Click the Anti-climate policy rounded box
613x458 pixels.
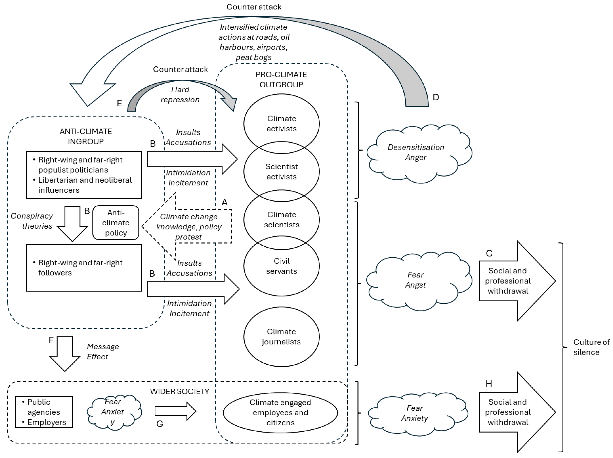pos(116,223)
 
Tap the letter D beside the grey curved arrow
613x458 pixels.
pos(436,97)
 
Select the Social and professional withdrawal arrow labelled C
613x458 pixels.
pos(513,281)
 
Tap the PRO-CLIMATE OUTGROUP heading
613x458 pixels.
pos(281,79)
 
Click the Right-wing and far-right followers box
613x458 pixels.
pos(84,268)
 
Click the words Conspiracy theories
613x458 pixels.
pos(32,221)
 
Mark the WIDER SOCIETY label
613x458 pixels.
pos(180,391)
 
